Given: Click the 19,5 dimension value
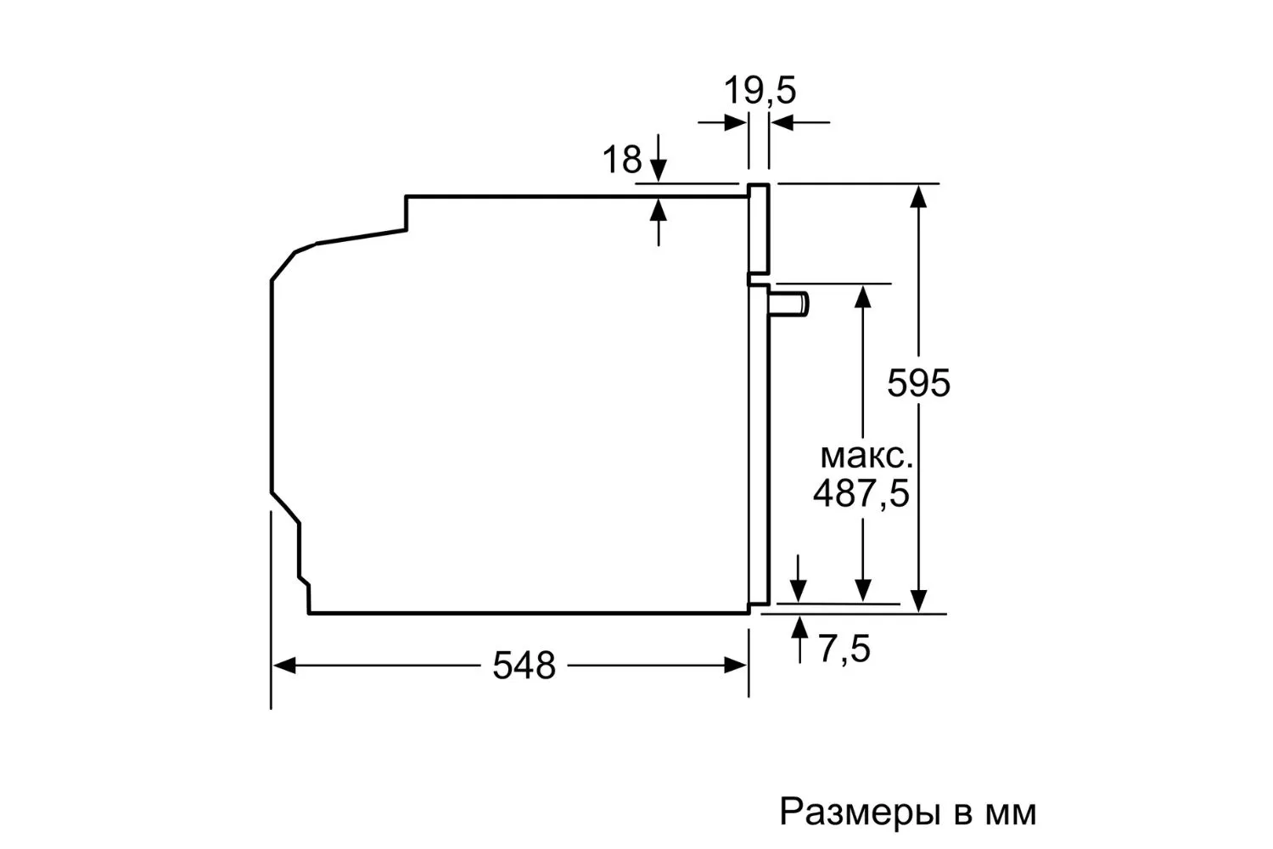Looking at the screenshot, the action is [760, 91].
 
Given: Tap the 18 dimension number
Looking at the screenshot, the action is [622, 160].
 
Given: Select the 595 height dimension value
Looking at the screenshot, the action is [918, 383].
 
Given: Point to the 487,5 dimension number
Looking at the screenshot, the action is [861, 492].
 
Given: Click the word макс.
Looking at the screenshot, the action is [866, 456].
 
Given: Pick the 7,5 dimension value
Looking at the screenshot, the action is [844, 649].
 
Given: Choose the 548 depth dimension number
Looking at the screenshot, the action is [524, 666].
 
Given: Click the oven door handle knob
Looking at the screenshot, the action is [788, 303].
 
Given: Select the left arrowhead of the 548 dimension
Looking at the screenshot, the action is [284, 666].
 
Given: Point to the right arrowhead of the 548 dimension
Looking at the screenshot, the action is [735, 666].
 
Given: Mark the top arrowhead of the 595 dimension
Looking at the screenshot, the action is [918, 196].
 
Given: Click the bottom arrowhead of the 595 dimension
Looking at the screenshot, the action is [918, 601].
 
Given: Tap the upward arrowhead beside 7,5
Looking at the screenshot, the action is [799, 627].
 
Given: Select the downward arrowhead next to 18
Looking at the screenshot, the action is [658, 171].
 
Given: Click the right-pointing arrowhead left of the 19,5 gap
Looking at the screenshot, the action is [736, 122].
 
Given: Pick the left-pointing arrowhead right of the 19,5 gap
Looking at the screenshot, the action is [782, 122].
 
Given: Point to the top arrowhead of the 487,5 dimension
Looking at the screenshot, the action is [863, 297].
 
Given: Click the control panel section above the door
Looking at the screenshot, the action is [759, 228].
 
